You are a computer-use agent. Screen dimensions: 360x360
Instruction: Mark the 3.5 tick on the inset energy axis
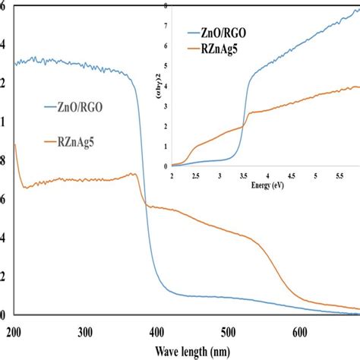tap(244, 175)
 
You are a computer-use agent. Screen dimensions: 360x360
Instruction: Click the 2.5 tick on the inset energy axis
tap(196, 175)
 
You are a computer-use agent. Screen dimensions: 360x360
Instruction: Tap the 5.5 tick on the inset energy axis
tap(339, 175)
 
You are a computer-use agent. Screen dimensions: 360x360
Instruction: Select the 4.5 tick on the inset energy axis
tap(292, 175)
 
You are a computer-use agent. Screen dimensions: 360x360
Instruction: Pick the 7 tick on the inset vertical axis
tap(166, 25)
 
